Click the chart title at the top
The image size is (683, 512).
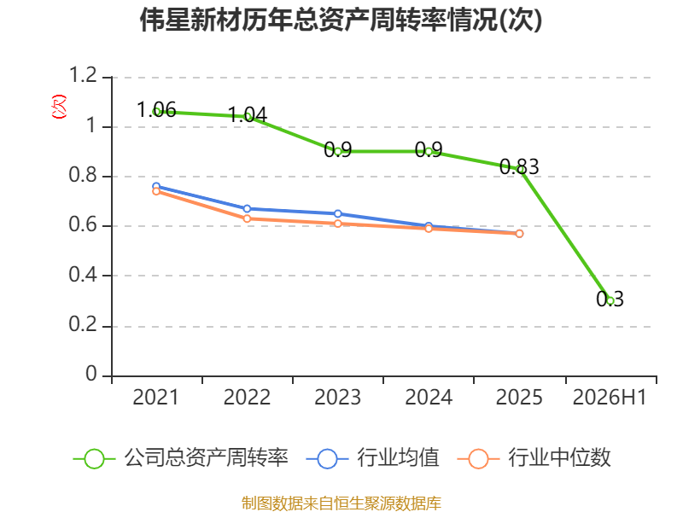coord(341,20)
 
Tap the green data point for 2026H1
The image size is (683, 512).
coord(610,300)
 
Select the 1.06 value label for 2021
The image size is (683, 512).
coord(156,109)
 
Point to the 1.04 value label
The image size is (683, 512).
coord(248,114)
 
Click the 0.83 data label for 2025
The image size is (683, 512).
coord(519,166)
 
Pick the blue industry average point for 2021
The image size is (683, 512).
coord(156,186)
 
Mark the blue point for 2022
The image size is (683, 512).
coord(247,208)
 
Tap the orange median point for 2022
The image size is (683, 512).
coord(247,218)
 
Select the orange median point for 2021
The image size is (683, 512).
coord(156,191)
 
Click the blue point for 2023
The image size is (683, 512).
coord(337,214)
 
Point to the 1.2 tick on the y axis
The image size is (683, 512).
coord(83,75)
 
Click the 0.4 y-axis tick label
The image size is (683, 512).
coord(83,274)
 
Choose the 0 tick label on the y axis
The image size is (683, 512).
coord(91,374)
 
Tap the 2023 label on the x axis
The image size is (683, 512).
coord(337,397)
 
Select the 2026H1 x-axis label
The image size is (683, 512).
coord(610,397)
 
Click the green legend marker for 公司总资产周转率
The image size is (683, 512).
coord(94,459)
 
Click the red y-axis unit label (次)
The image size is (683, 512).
coord(59,107)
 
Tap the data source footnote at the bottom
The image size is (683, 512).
coord(341,503)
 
